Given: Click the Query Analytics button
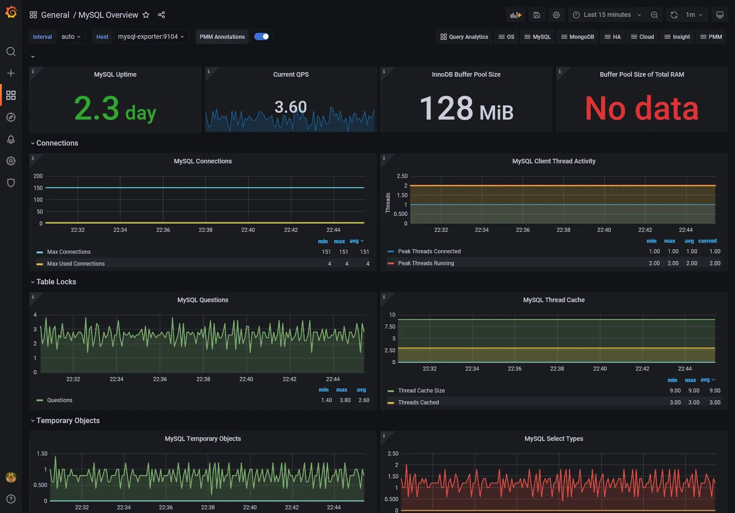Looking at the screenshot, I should (x=464, y=37).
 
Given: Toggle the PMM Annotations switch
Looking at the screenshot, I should (x=262, y=37).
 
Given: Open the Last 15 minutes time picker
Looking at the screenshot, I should (x=607, y=15).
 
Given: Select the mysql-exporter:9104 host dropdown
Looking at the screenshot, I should (x=151, y=37).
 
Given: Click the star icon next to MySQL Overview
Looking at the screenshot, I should (x=146, y=15).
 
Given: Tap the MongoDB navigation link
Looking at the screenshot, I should (x=577, y=37).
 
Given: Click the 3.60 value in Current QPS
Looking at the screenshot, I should (x=291, y=107).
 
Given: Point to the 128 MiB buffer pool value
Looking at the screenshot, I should (x=466, y=109).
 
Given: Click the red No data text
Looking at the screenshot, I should (x=641, y=109).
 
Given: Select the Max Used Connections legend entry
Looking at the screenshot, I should (x=76, y=264).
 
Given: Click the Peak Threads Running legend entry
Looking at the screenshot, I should (x=426, y=263).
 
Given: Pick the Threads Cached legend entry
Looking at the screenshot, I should (x=418, y=403).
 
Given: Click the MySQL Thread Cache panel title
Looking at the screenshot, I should (x=554, y=300).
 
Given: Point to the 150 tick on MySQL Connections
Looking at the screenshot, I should (x=38, y=188).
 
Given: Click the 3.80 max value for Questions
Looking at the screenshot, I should (x=345, y=400).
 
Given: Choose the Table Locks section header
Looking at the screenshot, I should (x=56, y=282).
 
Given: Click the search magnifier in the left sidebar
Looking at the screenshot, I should (x=11, y=52).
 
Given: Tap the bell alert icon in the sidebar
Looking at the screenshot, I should (x=11, y=139).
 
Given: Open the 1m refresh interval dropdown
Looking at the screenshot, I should (x=694, y=15).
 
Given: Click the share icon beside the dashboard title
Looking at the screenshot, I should (x=162, y=15).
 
